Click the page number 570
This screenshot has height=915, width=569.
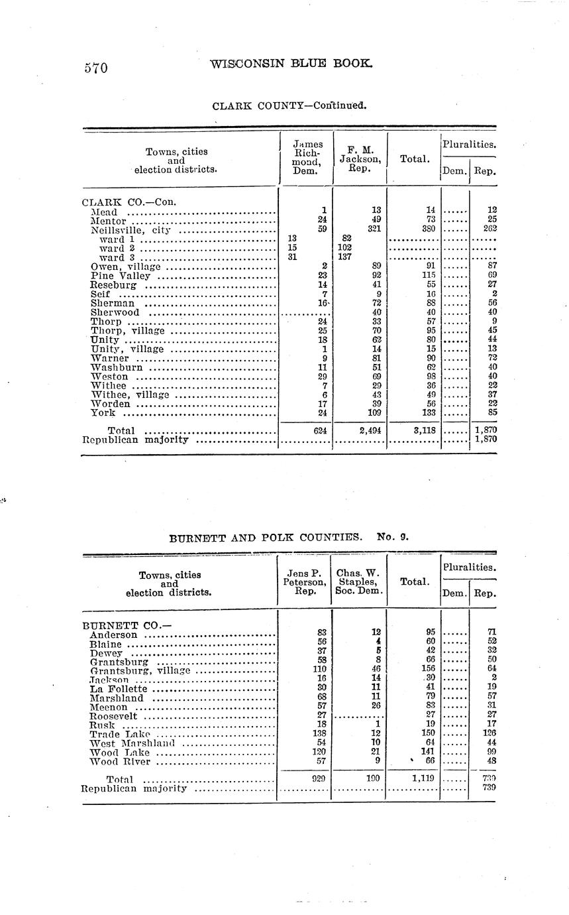click(95, 68)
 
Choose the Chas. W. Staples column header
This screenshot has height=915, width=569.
click(358, 582)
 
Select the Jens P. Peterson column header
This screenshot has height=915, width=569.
click(304, 582)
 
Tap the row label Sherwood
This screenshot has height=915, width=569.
click(115, 312)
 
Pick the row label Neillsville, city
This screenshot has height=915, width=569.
click(130, 231)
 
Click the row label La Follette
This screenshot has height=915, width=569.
click(118, 689)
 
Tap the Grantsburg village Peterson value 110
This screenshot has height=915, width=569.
click(317, 670)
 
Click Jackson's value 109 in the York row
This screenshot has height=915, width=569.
click(376, 412)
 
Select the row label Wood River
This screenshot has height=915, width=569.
click(120, 762)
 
